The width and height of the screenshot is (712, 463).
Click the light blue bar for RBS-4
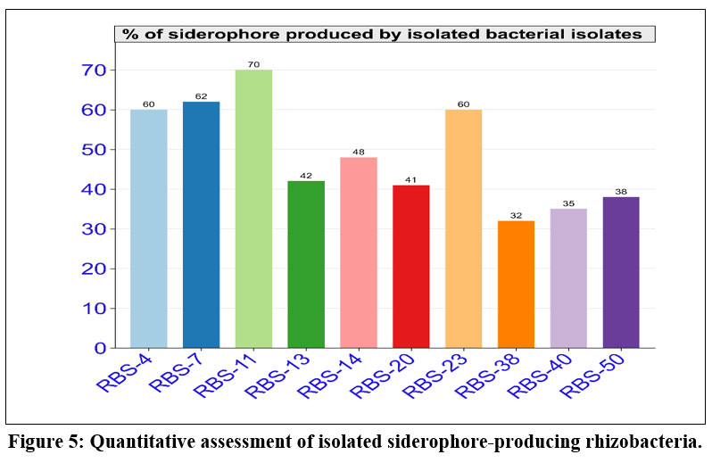tap(148, 228)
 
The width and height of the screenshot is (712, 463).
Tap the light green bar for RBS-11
tap(253, 209)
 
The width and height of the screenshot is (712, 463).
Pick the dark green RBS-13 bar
tap(306, 264)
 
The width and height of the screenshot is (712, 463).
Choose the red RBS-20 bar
tap(411, 266)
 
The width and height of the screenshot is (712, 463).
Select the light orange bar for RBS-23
tap(463, 228)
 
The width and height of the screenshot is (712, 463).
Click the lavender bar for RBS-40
tap(568, 278)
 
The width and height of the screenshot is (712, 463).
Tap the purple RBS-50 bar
tap(621, 272)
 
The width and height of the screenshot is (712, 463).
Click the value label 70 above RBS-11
tap(253, 64)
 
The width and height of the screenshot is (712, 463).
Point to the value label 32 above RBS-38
tap(516, 215)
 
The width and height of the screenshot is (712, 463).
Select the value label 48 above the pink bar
tap(359, 152)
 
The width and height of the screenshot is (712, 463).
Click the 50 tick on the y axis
tap(95, 150)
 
